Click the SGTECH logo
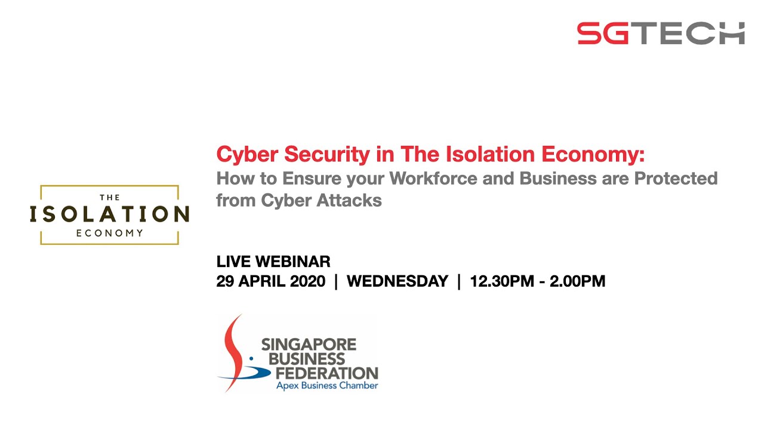[661, 33]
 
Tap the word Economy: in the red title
[593, 155]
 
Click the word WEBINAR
[293, 262]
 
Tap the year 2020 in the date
[307, 281]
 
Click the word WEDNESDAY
[397, 281]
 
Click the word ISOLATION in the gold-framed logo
[109, 214]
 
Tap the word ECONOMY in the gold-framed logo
[110, 233]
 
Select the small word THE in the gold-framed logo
[110, 197]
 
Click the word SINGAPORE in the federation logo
[309, 345]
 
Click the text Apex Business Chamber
[326, 386]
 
